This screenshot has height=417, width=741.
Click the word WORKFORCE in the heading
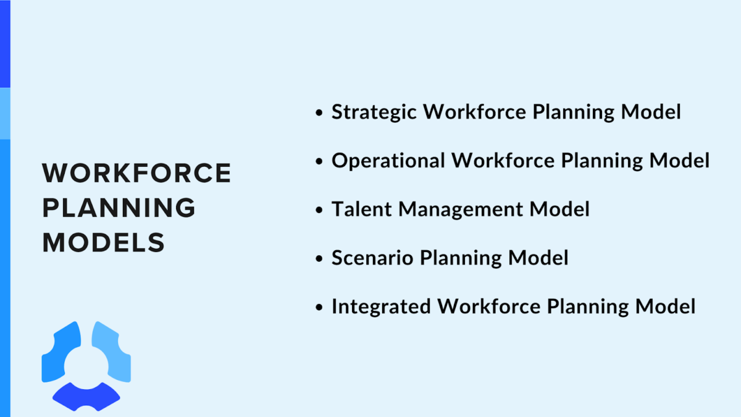[x=136, y=174]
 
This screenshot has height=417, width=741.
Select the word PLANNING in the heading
[x=119, y=208]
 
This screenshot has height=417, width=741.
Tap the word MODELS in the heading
[x=104, y=243]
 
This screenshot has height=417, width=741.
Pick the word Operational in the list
[x=388, y=161]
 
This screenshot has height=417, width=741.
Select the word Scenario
[x=372, y=258]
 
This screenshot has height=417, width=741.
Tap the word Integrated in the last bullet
[x=381, y=306]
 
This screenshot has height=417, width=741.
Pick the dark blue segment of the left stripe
[x=5, y=43]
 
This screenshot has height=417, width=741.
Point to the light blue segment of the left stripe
[x=5, y=113]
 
